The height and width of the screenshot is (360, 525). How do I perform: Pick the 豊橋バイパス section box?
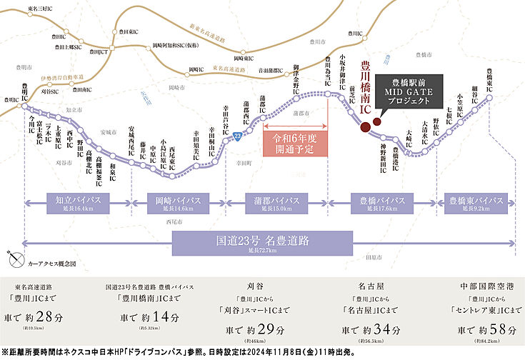tap(379, 202)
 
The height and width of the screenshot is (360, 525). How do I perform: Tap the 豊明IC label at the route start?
tap(25, 92)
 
